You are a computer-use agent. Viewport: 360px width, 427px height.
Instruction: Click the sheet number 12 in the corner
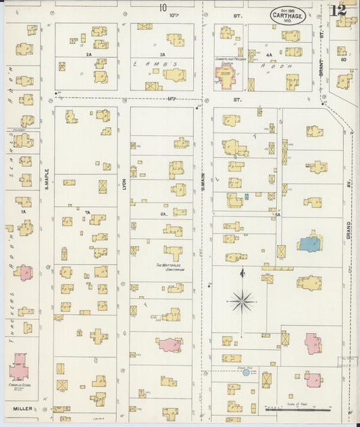(339, 10)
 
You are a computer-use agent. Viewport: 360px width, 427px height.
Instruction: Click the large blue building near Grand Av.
(309, 243)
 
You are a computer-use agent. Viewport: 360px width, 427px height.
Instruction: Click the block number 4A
(269, 54)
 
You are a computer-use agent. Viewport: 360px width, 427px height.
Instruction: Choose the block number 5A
(277, 214)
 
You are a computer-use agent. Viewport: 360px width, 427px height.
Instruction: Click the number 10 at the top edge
(162, 7)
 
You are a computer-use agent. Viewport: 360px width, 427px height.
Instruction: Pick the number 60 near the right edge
(344, 59)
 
